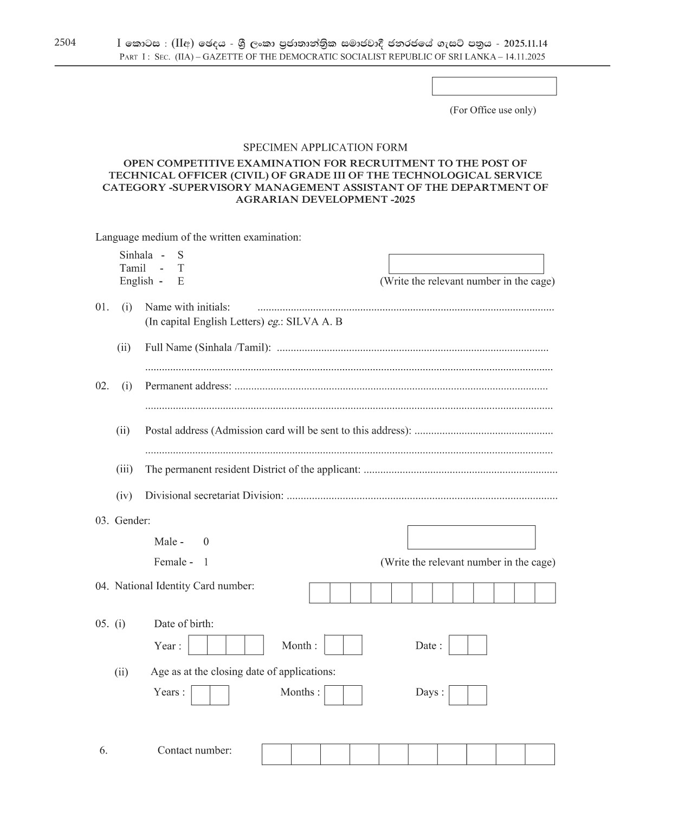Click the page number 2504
click(x=65, y=43)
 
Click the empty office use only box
click(x=494, y=86)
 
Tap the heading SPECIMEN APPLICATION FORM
click(x=325, y=147)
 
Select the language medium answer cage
click(x=466, y=264)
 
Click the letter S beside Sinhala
click(x=180, y=255)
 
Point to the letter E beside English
click(x=180, y=281)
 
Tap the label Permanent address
click(x=188, y=386)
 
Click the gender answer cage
click(x=471, y=537)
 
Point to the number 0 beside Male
click(x=206, y=542)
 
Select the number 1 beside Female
click(x=206, y=562)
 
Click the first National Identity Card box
click(x=320, y=593)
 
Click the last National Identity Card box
click(x=545, y=593)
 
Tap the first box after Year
click(x=198, y=645)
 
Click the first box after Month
click(x=334, y=645)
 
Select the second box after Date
click(x=477, y=645)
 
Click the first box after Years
click(x=201, y=696)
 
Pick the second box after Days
click(x=477, y=696)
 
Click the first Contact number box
click(x=276, y=754)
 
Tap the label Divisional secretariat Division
click(x=214, y=495)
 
